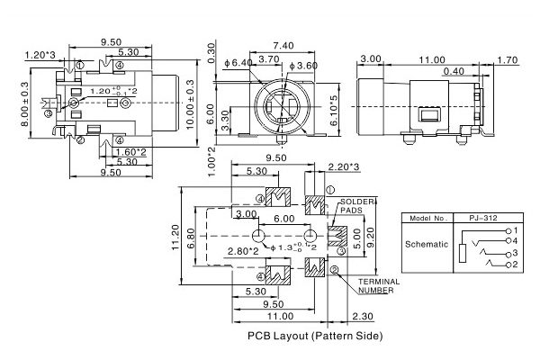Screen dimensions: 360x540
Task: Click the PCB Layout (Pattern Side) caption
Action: tap(315, 336)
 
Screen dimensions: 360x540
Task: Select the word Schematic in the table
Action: tap(427, 244)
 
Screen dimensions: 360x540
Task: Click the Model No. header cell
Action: tap(427, 219)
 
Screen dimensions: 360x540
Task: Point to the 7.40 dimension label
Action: tap(283, 45)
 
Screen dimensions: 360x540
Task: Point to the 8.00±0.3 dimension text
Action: tap(25, 104)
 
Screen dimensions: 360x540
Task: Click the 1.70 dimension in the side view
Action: tap(507, 60)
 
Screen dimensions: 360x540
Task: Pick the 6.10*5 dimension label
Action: tap(334, 112)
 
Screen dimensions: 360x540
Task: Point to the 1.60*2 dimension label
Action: tap(131, 152)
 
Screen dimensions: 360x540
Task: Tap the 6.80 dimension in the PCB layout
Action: tap(192, 238)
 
